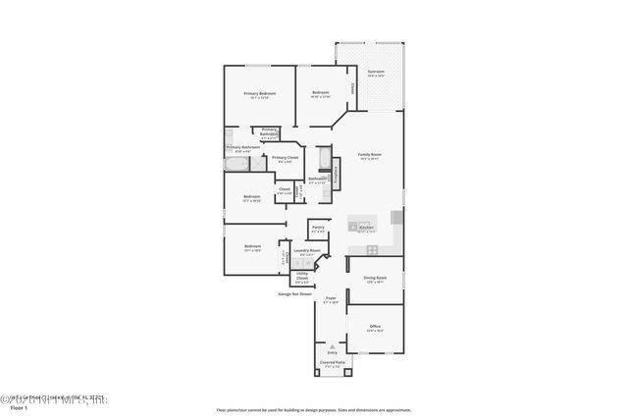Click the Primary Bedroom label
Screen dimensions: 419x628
[260, 94]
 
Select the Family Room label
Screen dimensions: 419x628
[369, 157]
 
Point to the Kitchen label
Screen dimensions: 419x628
[366, 227]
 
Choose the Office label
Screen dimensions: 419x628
[375, 327]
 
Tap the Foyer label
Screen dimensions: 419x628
[332, 299]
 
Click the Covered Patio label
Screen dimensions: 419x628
[332, 363]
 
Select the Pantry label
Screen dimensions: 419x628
[318, 228]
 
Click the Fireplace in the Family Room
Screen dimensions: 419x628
[338, 176]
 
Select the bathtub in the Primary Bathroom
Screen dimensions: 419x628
[237, 166]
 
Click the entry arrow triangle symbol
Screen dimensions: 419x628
[332, 346]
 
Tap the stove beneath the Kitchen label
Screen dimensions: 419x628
[372, 249]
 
